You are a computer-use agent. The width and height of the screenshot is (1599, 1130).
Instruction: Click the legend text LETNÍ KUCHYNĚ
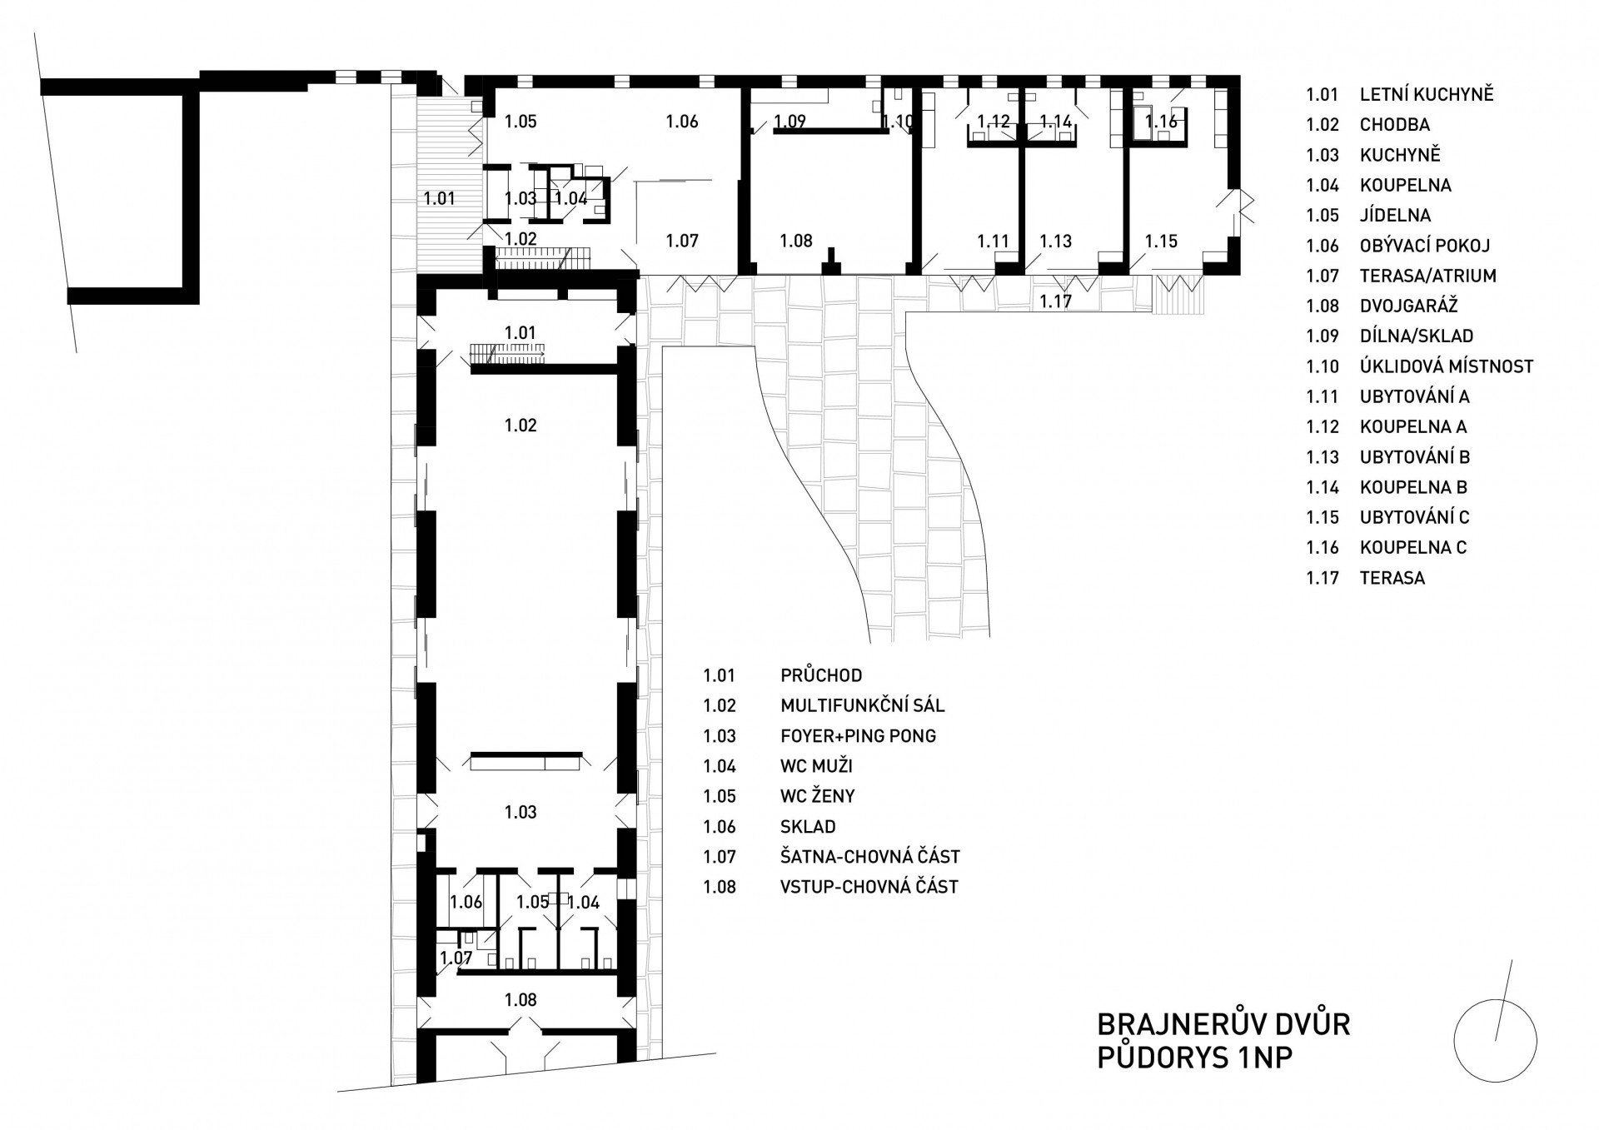(1427, 94)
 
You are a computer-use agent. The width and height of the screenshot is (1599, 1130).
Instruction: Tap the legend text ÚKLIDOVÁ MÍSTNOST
(1447, 366)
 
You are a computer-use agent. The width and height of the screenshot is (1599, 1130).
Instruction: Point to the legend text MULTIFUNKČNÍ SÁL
(863, 706)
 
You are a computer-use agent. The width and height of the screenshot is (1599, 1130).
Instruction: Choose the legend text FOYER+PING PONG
(859, 736)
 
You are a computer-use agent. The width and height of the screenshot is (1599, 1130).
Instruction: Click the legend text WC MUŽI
(817, 766)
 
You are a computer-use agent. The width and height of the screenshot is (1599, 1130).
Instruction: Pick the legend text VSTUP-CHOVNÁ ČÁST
(869, 887)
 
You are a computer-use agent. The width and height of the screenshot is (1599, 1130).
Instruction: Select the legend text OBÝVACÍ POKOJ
(1425, 246)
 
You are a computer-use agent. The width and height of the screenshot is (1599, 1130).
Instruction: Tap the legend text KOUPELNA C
(1413, 548)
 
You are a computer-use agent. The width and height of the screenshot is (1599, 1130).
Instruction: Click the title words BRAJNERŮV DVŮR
(1223, 1023)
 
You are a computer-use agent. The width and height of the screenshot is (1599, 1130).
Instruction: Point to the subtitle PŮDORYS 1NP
(1195, 1058)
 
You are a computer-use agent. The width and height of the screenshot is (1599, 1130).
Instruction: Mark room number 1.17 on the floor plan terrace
(1055, 301)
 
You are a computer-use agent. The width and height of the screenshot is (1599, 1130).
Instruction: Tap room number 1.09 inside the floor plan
(790, 122)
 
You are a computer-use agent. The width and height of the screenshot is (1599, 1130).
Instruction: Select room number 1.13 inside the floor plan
(1056, 241)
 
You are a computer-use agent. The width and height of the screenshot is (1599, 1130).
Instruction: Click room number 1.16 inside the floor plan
(1162, 122)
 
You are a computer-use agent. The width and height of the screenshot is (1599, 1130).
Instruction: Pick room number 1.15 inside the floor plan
(1161, 241)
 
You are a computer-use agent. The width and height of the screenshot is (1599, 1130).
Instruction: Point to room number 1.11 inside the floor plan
(994, 241)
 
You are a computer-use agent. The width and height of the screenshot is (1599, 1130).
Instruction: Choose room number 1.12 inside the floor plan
(994, 122)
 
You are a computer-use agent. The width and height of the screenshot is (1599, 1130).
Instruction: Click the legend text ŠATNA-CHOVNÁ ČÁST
(870, 857)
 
